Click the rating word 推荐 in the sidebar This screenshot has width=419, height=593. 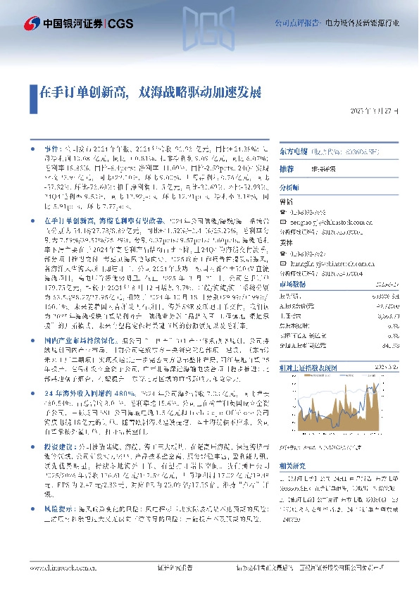(287, 170)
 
